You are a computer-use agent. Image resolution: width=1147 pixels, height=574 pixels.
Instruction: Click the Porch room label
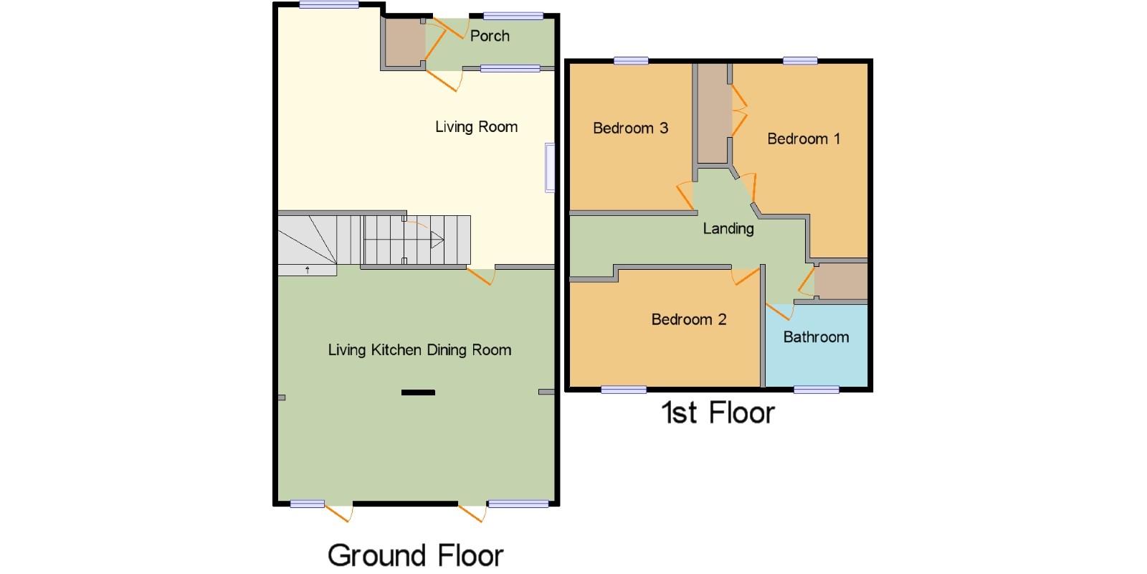[x=490, y=36]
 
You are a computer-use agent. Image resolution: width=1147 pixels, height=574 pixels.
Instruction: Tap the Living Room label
[x=476, y=126]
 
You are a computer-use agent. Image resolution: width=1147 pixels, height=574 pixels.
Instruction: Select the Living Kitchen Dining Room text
[x=419, y=350]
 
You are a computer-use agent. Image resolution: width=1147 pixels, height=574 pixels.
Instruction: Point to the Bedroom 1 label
[x=804, y=138]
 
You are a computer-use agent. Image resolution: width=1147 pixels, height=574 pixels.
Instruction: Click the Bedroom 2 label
[x=689, y=319]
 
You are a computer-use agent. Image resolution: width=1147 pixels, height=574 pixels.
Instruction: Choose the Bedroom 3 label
[x=630, y=128]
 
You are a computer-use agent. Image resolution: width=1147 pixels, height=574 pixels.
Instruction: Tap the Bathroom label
[x=817, y=337]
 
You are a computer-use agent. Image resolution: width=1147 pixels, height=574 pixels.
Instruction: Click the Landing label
[x=728, y=229]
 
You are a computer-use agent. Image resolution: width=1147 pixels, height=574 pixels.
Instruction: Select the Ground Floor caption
[x=415, y=555]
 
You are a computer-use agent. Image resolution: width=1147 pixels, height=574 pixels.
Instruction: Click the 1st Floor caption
[x=718, y=413]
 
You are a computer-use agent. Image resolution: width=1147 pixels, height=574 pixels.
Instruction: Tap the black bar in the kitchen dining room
[x=419, y=392]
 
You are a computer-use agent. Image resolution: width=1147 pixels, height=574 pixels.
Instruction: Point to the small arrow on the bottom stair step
[x=308, y=270]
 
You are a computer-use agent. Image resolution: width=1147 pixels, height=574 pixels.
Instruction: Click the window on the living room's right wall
[x=550, y=168]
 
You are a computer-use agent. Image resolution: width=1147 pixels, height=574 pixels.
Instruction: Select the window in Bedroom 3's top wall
[x=631, y=61]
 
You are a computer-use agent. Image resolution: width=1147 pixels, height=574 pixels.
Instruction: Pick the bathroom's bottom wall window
[x=817, y=390]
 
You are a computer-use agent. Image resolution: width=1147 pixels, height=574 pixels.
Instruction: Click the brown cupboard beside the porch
[x=404, y=43]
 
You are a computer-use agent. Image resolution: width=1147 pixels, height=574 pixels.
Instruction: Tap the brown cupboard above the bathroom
[x=841, y=281]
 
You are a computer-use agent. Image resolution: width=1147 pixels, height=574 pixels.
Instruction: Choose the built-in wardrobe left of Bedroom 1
[x=713, y=113]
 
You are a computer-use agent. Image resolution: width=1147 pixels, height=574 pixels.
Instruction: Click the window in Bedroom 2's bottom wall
[x=624, y=390]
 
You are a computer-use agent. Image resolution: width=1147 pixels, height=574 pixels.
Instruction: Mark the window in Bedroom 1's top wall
[x=800, y=61]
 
